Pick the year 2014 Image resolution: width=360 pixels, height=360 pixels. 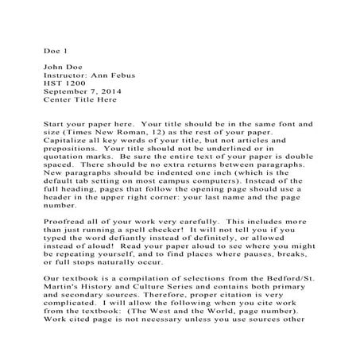coord(117,92)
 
